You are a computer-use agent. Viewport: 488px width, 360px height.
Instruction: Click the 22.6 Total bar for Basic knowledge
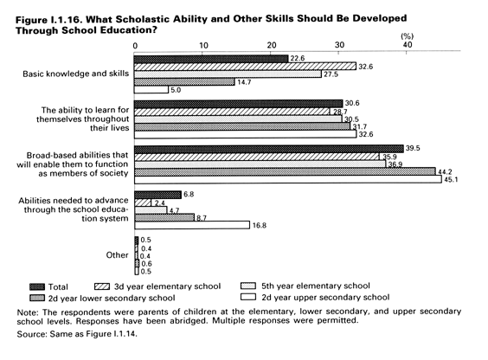(x=211, y=59)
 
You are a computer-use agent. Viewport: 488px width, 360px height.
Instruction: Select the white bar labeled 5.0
(x=151, y=90)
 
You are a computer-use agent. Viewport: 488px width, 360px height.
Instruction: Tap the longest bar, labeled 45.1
(x=288, y=179)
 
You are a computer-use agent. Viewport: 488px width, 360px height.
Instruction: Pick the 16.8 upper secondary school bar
(x=192, y=225)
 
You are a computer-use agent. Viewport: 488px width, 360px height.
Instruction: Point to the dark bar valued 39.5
(x=269, y=149)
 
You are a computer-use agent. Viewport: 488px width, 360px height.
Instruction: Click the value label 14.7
(x=244, y=82)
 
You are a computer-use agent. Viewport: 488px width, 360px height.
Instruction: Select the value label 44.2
(x=445, y=171)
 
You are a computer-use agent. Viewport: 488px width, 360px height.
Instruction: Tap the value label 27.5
(x=331, y=74)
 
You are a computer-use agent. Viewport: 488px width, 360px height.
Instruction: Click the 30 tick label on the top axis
(x=339, y=45)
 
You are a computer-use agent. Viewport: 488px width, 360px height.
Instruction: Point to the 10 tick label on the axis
(x=203, y=46)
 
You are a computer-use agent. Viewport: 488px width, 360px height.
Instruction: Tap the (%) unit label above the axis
(x=407, y=36)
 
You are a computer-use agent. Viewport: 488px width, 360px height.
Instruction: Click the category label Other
(x=117, y=255)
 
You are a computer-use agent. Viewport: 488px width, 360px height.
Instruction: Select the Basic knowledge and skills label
(x=75, y=74)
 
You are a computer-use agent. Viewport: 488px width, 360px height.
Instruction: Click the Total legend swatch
(x=37, y=286)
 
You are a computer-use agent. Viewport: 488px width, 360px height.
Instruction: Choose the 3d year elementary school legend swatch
(x=102, y=286)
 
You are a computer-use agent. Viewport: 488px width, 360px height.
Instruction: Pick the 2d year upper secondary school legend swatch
(x=248, y=297)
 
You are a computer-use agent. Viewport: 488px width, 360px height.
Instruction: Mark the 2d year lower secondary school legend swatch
(x=37, y=298)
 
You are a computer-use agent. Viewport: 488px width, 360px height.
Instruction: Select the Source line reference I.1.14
(x=125, y=334)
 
